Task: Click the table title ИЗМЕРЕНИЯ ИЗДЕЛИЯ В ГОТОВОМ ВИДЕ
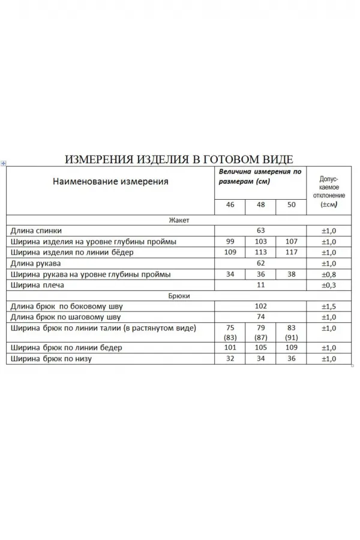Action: coord(179,159)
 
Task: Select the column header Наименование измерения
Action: coord(110,181)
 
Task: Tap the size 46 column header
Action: coord(230,205)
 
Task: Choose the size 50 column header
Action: coord(292,205)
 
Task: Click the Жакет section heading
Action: coord(179,220)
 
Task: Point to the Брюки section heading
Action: coord(179,296)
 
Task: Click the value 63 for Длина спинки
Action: coord(260,230)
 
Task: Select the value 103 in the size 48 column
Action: coord(260,241)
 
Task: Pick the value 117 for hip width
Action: coord(292,252)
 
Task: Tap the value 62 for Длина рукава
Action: coord(260,263)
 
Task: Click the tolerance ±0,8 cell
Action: coord(329,274)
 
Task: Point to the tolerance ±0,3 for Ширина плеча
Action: coord(329,285)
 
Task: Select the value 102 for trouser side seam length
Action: coord(260,307)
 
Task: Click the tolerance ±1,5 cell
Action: coord(329,307)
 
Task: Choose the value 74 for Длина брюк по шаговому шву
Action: coord(260,317)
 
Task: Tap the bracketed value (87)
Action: coord(260,337)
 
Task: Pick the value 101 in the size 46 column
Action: coord(230,348)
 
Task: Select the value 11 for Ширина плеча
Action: coord(260,285)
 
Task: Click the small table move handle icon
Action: coord(4,163)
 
